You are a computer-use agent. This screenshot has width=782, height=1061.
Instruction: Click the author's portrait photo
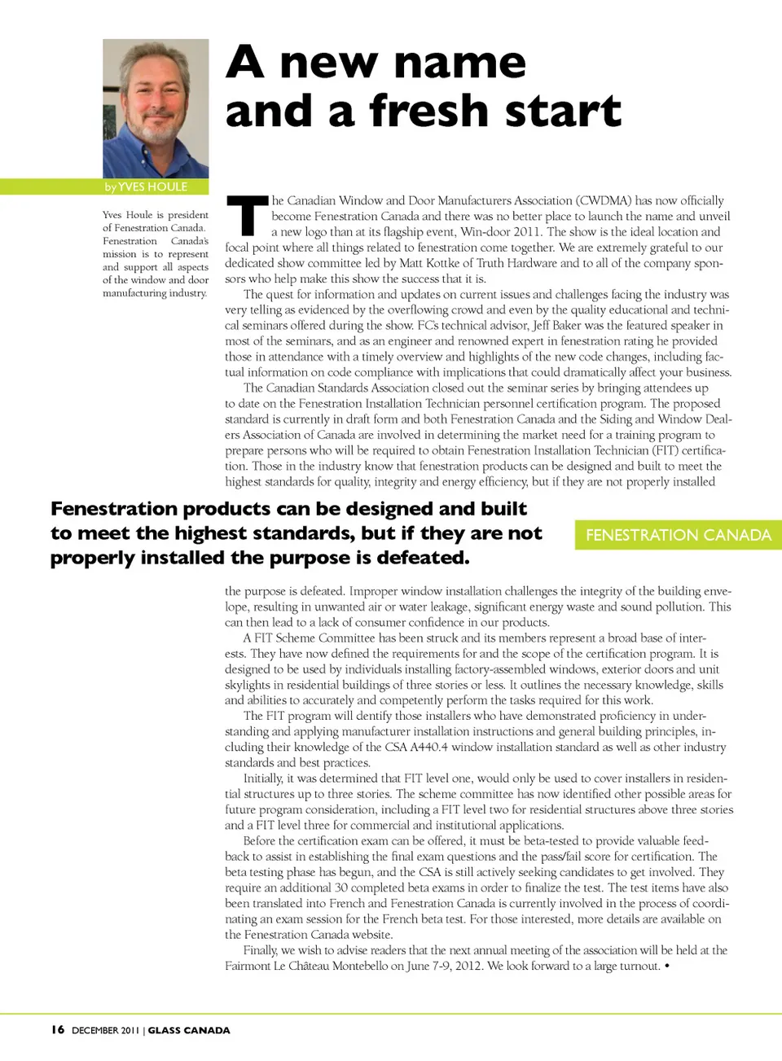pos(156,107)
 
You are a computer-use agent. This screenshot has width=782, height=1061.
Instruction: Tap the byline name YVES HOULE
pos(152,187)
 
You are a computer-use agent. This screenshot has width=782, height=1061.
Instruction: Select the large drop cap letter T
pos(246,215)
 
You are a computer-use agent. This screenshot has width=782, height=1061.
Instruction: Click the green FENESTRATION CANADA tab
pos(678,535)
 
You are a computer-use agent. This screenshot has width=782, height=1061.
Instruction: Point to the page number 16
pos(57,1029)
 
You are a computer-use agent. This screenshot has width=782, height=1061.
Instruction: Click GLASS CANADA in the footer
pos(189,1030)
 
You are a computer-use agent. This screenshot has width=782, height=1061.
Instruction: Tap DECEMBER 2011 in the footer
pos(105,1030)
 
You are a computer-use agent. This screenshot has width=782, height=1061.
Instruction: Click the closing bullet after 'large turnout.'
pos(667,966)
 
